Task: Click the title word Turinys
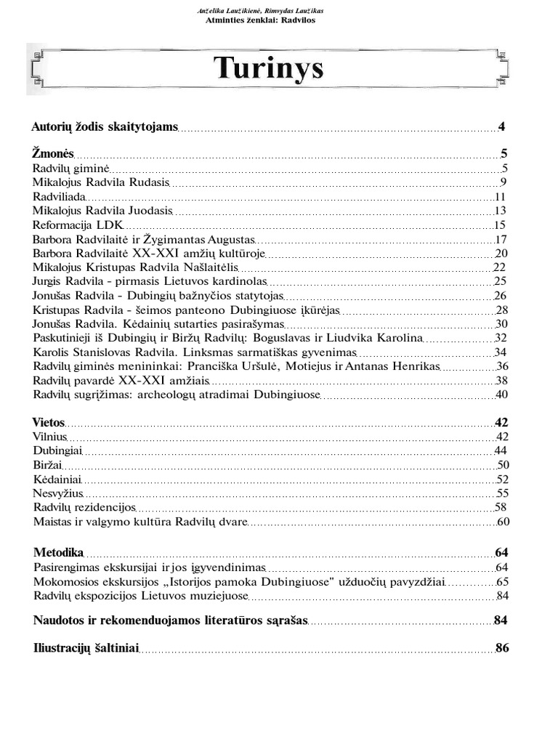pyautogui.click(x=268, y=69)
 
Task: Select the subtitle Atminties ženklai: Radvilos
pyautogui.click(x=262, y=20)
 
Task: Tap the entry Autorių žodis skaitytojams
pyautogui.click(x=105, y=127)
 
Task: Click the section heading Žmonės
pyautogui.click(x=53, y=153)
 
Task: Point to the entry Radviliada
pyautogui.click(x=60, y=196)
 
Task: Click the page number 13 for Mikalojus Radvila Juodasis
pyautogui.click(x=500, y=211)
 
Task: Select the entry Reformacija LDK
pyautogui.click(x=78, y=225)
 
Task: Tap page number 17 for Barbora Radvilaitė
pyautogui.click(x=500, y=239)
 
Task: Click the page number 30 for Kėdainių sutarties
pyautogui.click(x=501, y=324)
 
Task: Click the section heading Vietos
pyautogui.click(x=49, y=422)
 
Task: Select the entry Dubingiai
pyautogui.click(x=59, y=450)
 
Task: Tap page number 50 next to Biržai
pyautogui.click(x=501, y=465)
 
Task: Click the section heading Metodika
pyautogui.click(x=59, y=552)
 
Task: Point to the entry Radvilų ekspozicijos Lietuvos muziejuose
pyautogui.click(x=141, y=596)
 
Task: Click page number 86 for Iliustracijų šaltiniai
pyautogui.click(x=501, y=647)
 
